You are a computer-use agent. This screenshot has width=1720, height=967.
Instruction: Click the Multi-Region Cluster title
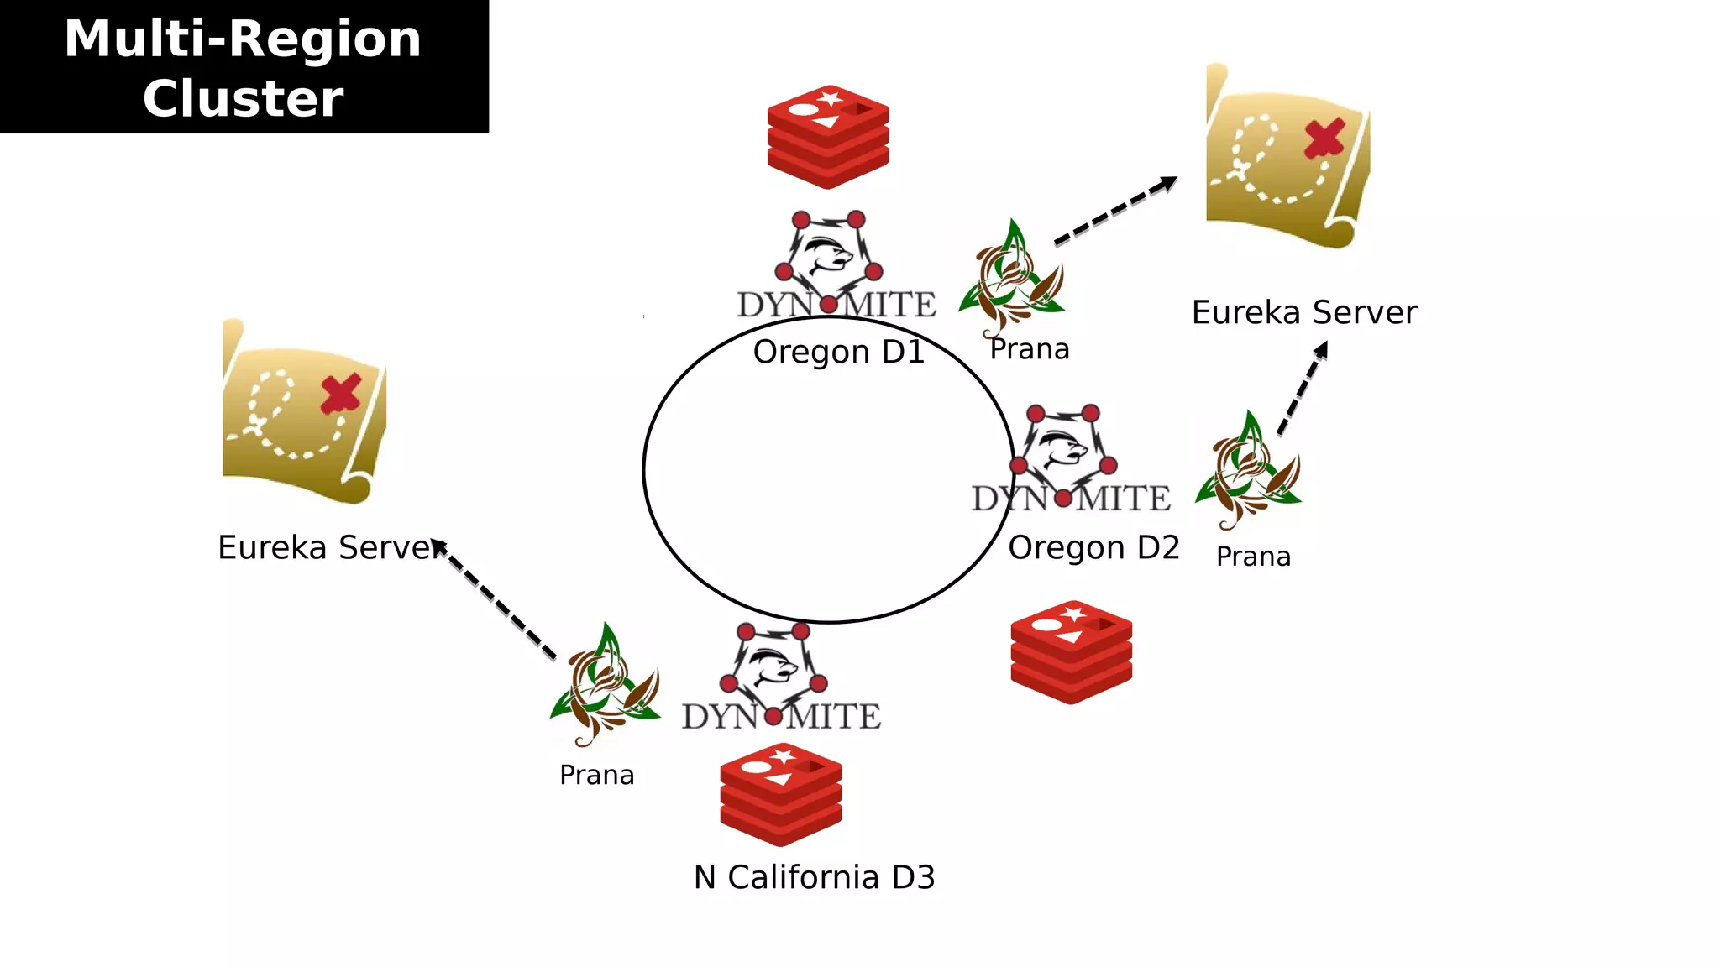coord(244,67)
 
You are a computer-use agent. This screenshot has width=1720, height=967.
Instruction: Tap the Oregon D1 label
coord(838,352)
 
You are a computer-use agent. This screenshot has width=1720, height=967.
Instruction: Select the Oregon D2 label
coord(1093,547)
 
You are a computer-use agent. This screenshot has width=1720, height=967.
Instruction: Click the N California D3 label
coord(814,877)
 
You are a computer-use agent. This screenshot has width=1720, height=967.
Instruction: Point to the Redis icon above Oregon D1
coord(828,136)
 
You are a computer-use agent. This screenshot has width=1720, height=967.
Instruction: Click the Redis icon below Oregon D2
coord(1071,652)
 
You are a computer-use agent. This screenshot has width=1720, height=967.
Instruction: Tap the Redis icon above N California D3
coord(780,794)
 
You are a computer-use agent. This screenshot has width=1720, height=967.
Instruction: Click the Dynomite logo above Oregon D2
coord(1068,460)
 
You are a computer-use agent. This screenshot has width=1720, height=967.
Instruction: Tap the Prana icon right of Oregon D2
coord(1249,470)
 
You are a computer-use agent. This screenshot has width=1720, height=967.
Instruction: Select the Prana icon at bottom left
coord(605,685)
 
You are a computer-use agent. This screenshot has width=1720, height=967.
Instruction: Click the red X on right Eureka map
coord(1324,139)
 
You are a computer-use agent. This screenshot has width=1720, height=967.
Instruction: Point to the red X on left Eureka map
coord(341,393)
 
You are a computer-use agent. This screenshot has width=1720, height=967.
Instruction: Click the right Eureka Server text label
coord(1303,312)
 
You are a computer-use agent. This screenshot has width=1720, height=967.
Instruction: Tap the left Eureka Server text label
coord(328,547)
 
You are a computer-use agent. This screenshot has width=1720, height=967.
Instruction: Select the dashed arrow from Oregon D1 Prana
coord(1116,211)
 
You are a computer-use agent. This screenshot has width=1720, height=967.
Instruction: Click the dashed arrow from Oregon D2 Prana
coord(1303,388)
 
